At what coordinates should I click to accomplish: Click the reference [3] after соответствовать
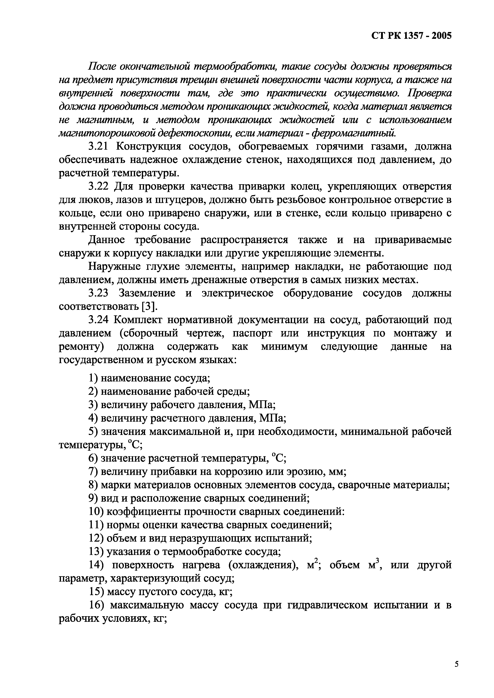pyautogui.click(x=149, y=307)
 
